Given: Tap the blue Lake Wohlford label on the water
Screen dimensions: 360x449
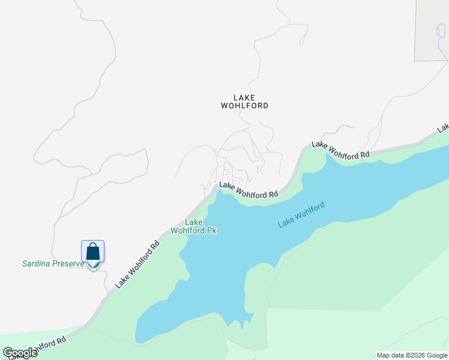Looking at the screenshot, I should point(301,215).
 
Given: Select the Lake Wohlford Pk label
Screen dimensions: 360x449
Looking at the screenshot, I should point(193,226).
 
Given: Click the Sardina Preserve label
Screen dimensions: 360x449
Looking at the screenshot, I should point(53,263).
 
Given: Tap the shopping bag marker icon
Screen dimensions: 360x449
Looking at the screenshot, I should point(93,251).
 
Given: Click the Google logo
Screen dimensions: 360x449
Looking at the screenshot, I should point(20,353).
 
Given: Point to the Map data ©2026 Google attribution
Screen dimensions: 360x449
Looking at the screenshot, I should point(412,355).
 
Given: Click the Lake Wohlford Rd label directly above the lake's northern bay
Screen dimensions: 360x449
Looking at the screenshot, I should point(249,190).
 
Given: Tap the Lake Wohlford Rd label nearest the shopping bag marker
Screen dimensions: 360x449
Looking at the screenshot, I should point(138,264).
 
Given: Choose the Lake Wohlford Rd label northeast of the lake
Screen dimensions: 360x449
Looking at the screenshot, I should point(340,150).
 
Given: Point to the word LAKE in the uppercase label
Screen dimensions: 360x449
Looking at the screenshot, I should point(244,97).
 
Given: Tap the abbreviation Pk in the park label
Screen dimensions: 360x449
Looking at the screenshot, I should point(211,230).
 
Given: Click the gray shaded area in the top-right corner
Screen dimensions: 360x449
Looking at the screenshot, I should point(432,30).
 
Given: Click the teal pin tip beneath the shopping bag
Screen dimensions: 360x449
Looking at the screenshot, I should point(93,267).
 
